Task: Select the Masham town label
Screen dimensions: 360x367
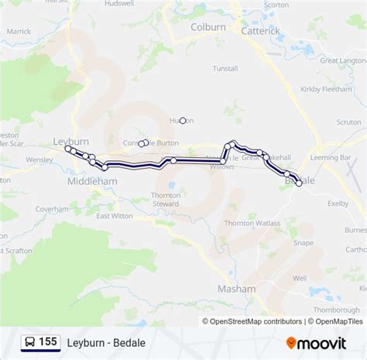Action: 236,288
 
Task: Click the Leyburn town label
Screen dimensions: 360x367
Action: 71,141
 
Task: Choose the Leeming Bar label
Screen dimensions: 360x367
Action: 341,158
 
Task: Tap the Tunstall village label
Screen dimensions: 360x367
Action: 225,68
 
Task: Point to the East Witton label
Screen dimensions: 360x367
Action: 114,216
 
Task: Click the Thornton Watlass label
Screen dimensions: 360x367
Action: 252,223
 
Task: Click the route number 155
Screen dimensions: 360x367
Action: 49,341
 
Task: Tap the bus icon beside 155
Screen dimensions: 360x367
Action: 29,341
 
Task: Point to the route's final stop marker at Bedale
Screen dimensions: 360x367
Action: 299,183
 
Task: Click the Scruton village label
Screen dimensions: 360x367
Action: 348,122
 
